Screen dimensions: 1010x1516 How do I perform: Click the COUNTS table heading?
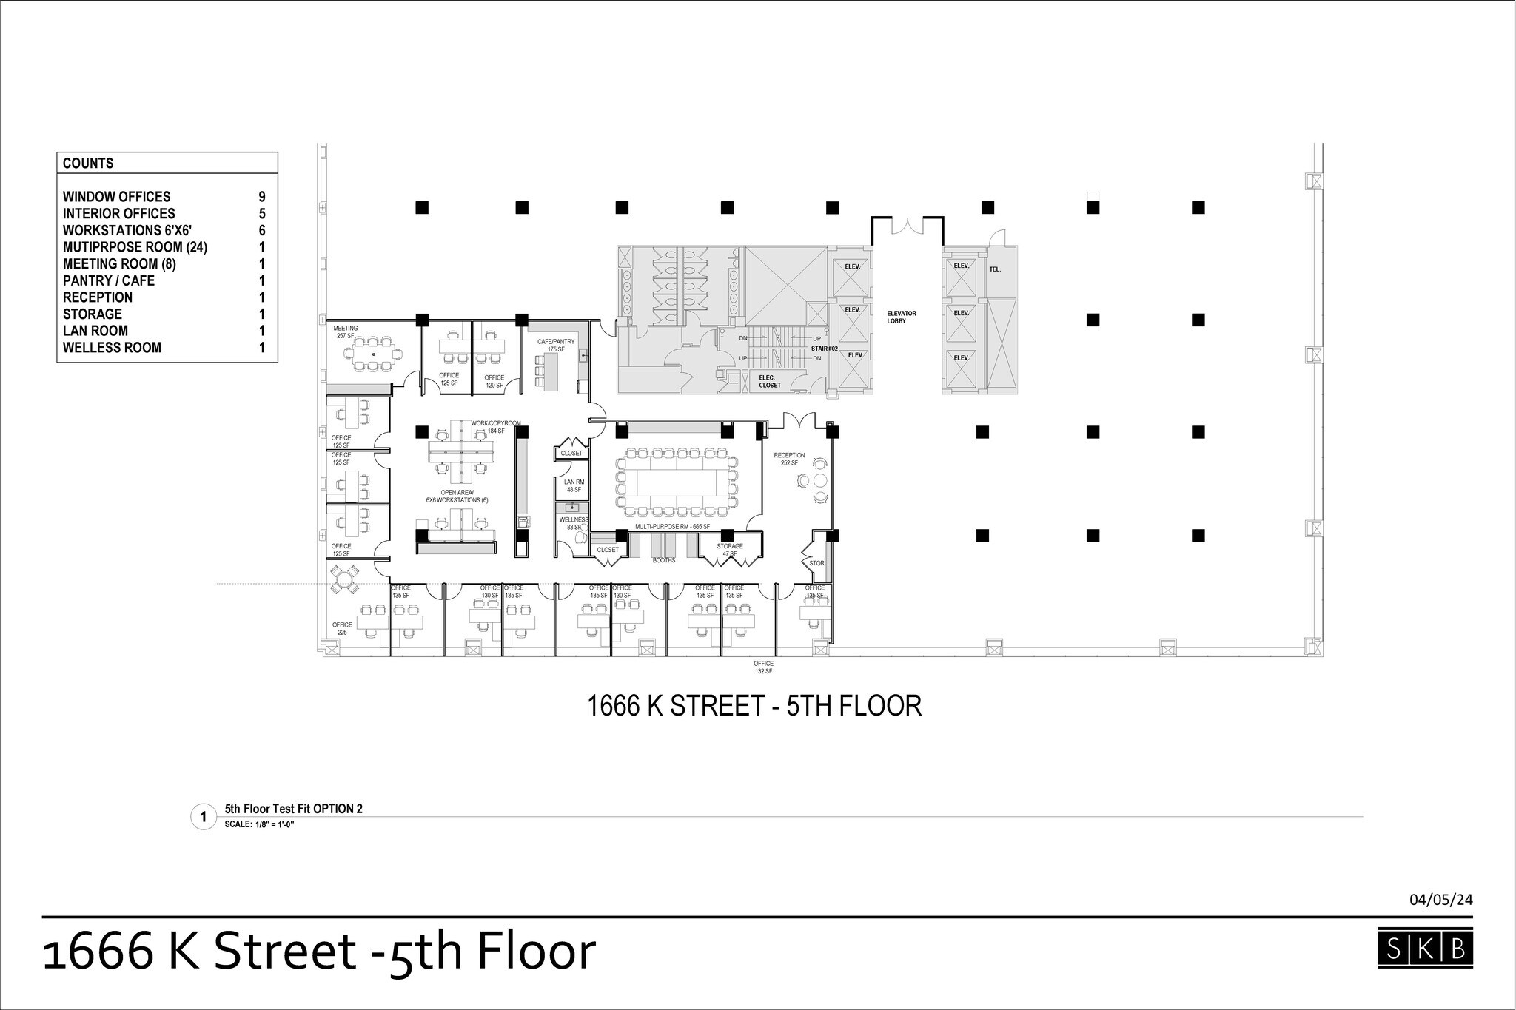tap(88, 164)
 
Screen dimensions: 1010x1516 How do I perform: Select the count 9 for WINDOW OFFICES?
tap(261, 197)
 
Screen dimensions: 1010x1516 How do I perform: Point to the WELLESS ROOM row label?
tap(112, 348)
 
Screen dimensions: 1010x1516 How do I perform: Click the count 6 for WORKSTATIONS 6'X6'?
tap(261, 230)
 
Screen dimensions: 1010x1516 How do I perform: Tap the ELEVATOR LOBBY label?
tap(902, 317)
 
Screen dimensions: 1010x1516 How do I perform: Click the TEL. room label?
tap(995, 269)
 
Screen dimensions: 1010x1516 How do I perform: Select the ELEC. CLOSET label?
tap(770, 382)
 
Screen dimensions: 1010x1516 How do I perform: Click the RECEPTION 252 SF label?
tap(789, 459)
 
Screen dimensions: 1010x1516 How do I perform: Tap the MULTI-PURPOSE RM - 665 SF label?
tap(672, 527)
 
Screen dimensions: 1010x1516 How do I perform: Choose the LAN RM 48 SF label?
tap(574, 486)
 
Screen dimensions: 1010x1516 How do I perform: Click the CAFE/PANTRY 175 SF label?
tap(556, 346)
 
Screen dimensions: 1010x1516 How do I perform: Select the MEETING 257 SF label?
tap(346, 332)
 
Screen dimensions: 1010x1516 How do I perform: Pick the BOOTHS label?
tap(664, 561)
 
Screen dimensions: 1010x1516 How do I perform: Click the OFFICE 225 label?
tap(342, 629)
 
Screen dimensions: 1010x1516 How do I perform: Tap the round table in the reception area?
tap(819, 481)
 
